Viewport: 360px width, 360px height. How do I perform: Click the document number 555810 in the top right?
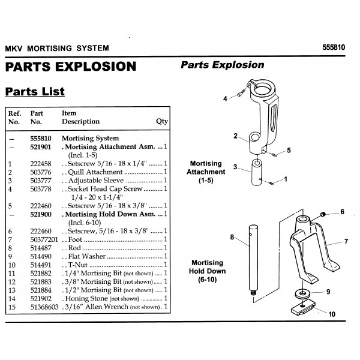coord(334,47)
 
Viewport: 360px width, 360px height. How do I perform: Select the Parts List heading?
coord(35,91)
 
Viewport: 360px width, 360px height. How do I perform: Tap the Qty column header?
coord(162,121)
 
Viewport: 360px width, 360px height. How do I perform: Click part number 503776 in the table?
coord(41,172)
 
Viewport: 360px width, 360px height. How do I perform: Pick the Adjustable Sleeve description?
coord(96,181)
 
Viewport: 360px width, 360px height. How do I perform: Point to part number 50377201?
coord(44,239)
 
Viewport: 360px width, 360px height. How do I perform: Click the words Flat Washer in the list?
coord(87,256)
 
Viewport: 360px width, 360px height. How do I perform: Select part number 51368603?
coord(44,307)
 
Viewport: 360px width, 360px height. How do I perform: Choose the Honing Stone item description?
coord(86,298)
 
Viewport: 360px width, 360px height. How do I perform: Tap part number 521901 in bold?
coord(41,147)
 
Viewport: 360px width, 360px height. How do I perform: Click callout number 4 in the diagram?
coord(225,99)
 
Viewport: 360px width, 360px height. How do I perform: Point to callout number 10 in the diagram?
coord(332,314)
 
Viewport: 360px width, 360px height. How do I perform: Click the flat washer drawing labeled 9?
coord(302,293)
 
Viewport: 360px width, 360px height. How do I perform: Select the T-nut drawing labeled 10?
coord(303,307)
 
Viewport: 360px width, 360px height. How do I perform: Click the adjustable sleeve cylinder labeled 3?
coord(257,172)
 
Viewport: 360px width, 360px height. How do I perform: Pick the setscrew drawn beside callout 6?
coord(323,215)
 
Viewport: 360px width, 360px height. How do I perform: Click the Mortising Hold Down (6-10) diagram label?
coord(208,271)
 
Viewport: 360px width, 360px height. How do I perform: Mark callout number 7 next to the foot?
coord(346,241)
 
